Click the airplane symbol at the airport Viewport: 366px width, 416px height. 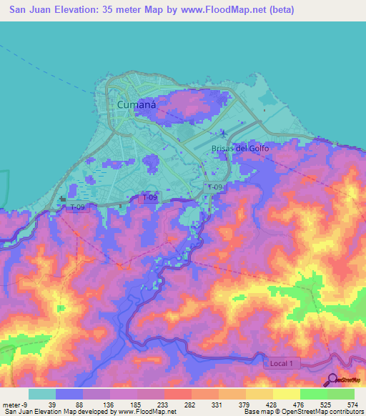(x=223, y=132)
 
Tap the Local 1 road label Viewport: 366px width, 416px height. (x=282, y=364)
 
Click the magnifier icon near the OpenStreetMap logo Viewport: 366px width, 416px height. (x=332, y=380)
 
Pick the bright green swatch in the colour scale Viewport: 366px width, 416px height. (x=313, y=394)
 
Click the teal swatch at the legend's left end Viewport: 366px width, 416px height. (x=42, y=394)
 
